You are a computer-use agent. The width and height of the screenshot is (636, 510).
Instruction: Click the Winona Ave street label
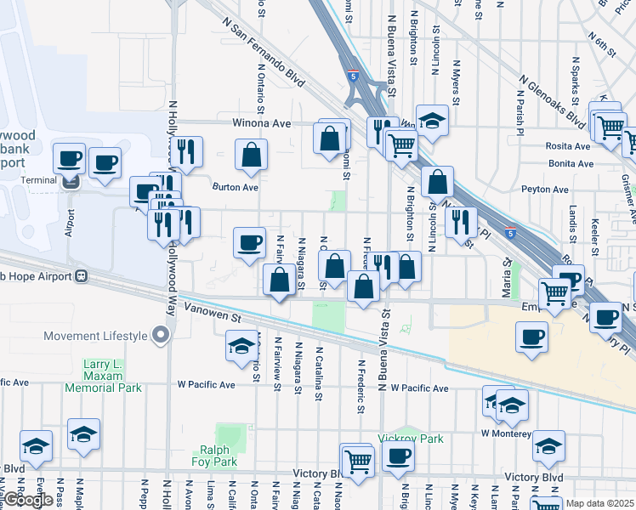pos(262,123)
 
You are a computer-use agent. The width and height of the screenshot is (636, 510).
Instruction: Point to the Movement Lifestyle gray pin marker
pos(160,337)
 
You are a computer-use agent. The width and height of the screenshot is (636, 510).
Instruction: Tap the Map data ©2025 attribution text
pos(600,503)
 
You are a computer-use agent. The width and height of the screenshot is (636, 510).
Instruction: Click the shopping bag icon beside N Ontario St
pos(251,156)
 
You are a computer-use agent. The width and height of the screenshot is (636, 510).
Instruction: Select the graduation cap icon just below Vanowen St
pos(241,346)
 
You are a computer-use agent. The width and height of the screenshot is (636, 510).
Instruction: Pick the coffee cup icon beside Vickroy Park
pos(396,457)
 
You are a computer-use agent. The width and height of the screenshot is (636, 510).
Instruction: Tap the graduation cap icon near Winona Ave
pos(432,120)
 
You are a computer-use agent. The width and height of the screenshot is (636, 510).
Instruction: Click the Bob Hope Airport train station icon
pos(82,276)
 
